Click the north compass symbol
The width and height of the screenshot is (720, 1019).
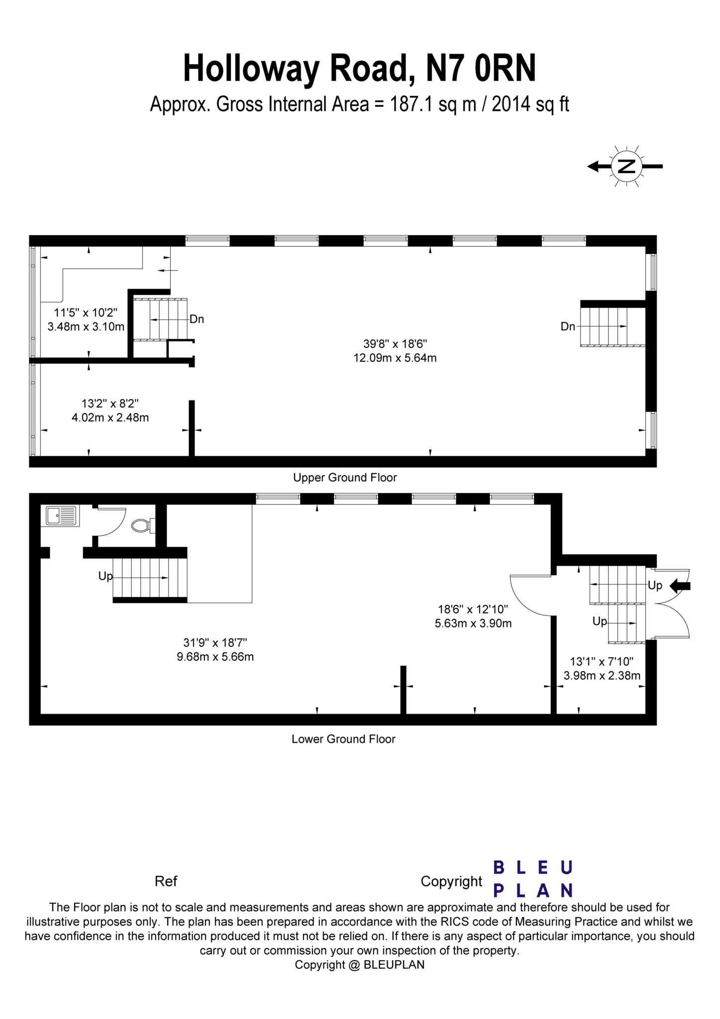[x=626, y=167]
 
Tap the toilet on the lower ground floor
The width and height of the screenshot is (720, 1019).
[x=142, y=525]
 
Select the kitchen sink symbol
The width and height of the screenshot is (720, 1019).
[x=62, y=516]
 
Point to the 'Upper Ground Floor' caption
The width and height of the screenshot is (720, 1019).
[x=345, y=478]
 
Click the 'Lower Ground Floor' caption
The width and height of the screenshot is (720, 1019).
[x=343, y=739]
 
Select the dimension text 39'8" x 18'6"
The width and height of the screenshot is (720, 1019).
[x=395, y=350]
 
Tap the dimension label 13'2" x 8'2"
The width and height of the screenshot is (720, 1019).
[x=110, y=410]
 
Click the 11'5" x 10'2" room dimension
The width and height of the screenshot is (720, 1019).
[x=86, y=319]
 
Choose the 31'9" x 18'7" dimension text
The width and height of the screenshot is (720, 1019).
[x=215, y=649]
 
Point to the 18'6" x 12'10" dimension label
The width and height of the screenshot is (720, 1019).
[x=473, y=616]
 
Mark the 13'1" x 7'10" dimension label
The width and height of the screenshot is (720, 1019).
[x=602, y=668]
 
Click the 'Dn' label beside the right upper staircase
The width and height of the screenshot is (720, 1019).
[x=568, y=326]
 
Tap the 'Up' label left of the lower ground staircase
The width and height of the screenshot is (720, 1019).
[x=105, y=576]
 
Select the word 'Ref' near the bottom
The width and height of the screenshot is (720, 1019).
[x=166, y=882]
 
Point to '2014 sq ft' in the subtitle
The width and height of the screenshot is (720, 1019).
[x=530, y=104]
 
